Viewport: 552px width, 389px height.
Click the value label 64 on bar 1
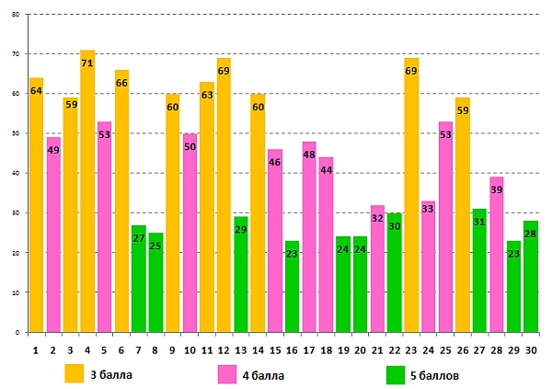tap(36, 91)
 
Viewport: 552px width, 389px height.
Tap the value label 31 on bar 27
tap(479, 223)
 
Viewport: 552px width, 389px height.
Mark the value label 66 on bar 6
tap(121, 84)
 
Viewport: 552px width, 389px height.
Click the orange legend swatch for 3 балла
tap(75, 373)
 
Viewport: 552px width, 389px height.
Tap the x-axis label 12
tap(224, 350)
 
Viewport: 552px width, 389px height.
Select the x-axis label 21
tap(377, 350)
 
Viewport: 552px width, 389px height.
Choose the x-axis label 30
tap(531, 350)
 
